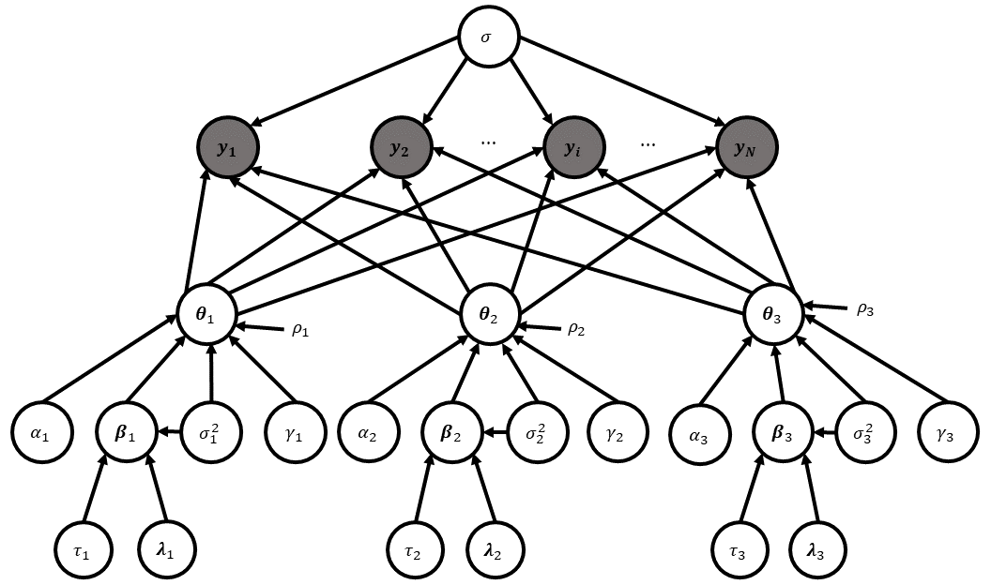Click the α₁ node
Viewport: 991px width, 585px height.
click(42, 434)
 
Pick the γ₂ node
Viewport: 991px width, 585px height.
click(618, 434)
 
